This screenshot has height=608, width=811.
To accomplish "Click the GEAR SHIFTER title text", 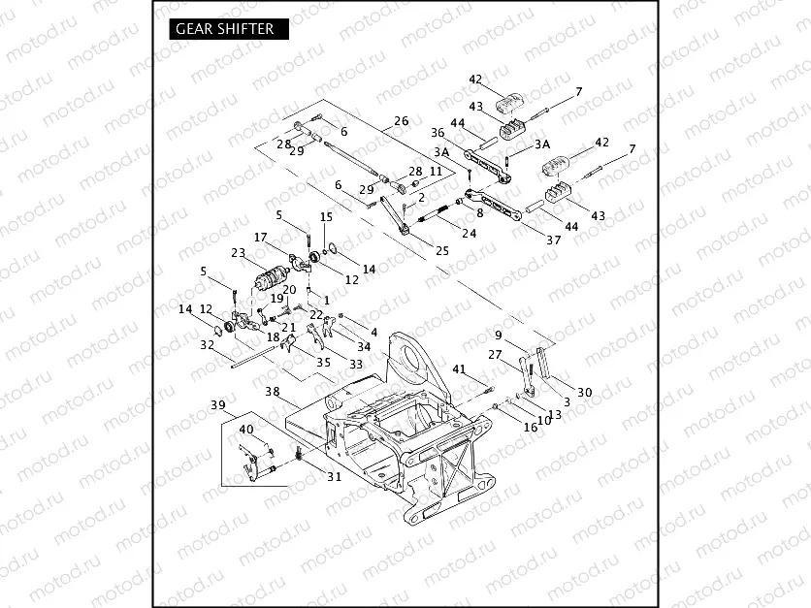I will [x=225, y=28].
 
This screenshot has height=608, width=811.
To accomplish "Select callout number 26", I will [x=401, y=122].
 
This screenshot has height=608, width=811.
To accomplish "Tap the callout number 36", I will [x=438, y=133].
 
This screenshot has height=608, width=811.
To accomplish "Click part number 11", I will [x=436, y=171].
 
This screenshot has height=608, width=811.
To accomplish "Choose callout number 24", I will [x=469, y=233].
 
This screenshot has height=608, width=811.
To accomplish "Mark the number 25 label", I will [x=442, y=251].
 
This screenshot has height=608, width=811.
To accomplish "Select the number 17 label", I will [x=261, y=237].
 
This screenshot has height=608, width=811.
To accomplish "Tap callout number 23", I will [x=238, y=254].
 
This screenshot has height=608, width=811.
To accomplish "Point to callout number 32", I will [x=207, y=344].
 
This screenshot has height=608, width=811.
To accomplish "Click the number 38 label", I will [x=273, y=393].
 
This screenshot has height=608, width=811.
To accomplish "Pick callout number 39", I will [x=218, y=404].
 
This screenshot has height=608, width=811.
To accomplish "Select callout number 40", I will [x=246, y=429].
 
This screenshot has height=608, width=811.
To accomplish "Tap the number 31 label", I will [x=334, y=476].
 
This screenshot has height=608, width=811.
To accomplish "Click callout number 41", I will [x=460, y=368].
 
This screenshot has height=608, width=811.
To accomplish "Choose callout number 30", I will [x=584, y=392].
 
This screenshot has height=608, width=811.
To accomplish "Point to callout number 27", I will [x=496, y=355].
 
